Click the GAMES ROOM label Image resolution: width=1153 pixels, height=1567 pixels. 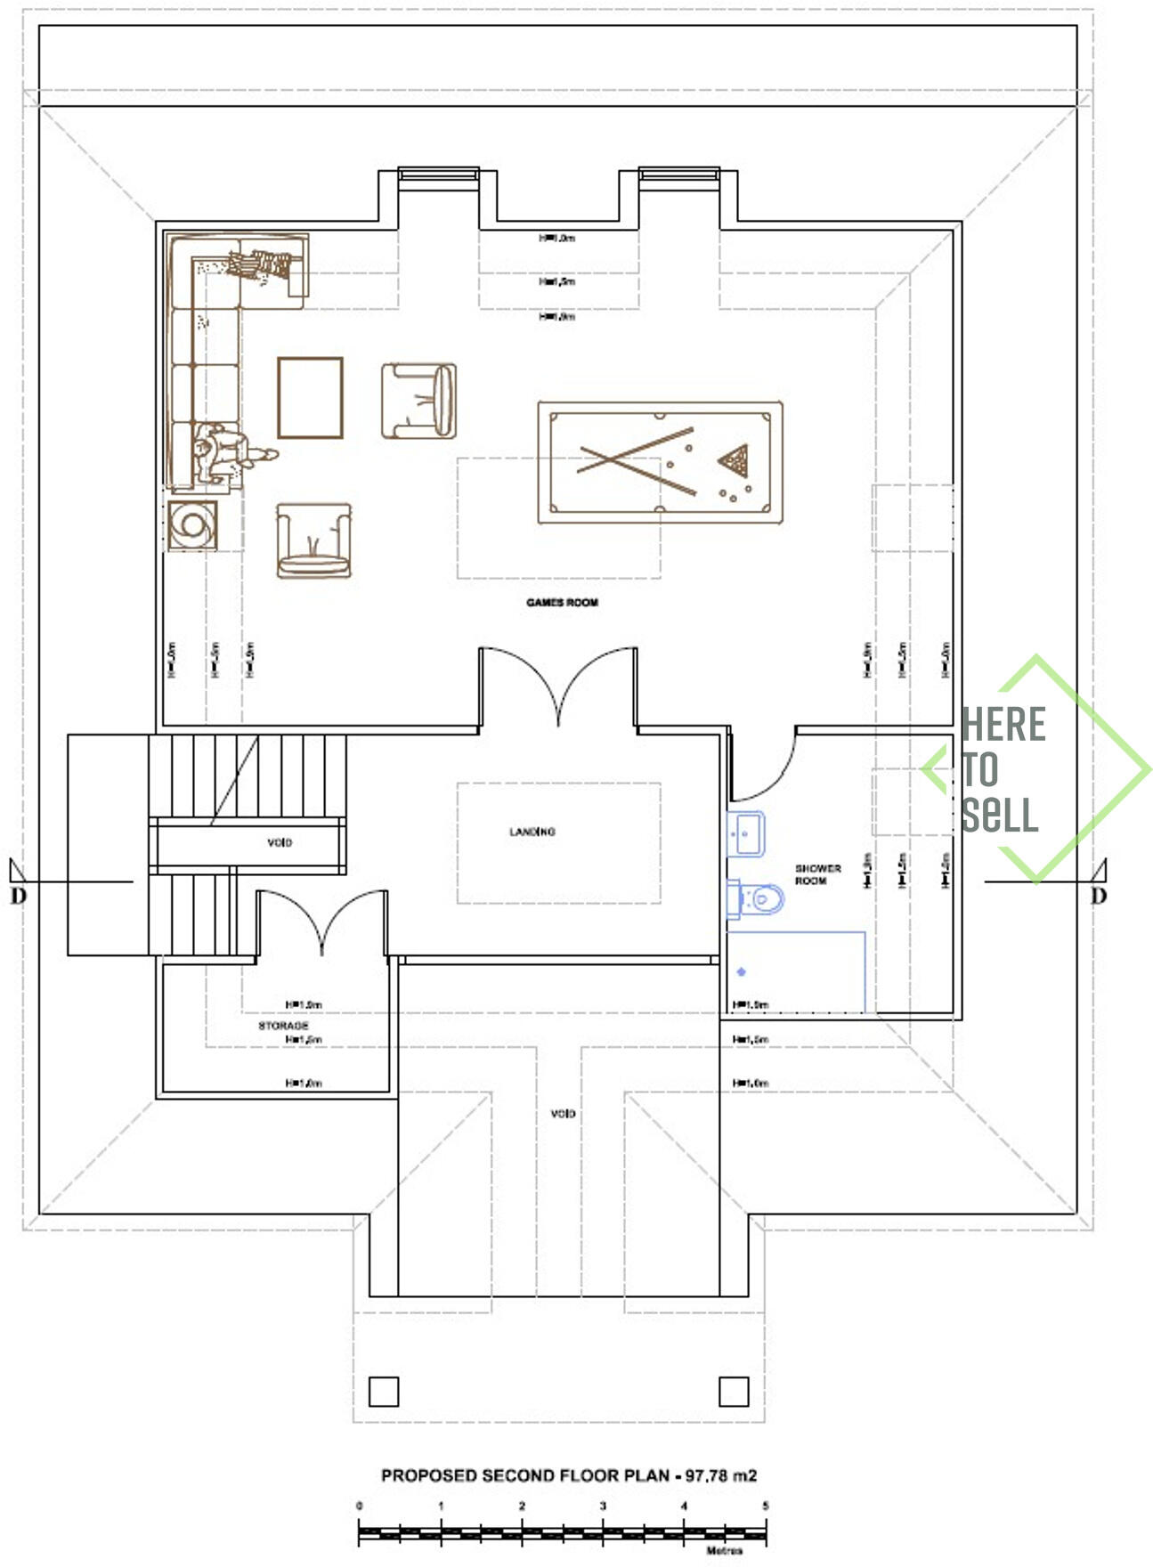click(562, 603)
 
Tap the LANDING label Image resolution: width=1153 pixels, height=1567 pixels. click(532, 832)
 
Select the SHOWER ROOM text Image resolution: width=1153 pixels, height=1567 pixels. click(817, 874)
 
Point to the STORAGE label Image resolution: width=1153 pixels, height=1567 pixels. click(283, 1026)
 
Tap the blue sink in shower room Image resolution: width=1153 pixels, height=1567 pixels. click(746, 834)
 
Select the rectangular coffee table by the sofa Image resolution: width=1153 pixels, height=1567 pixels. click(310, 398)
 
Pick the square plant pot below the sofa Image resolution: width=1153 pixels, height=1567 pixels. click(192, 525)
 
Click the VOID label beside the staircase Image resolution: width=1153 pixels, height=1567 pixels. click(280, 842)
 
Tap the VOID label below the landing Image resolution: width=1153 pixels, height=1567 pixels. click(563, 1114)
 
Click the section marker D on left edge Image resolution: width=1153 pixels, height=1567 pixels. click(18, 896)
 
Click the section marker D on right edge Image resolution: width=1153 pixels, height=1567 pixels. click(1099, 896)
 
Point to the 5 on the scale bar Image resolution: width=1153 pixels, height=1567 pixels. click(765, 1506)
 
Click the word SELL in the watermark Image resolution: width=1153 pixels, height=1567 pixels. click(999, 815)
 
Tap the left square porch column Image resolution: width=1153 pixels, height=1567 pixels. click(383, 1391)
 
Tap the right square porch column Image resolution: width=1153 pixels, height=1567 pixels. click(734, 1391)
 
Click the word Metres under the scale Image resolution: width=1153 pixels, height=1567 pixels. click(724, 1551)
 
